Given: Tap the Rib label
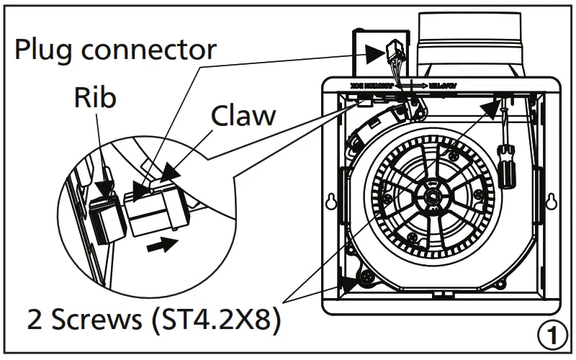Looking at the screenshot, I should pyautogui.click(x=94, y=98).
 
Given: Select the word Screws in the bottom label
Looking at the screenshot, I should pyautogui.click(x=99, y=318).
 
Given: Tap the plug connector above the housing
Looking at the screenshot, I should pyautogui.click(x=394, y=53).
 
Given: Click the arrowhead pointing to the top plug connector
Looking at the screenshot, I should pyautogui.click(x=375, y=52).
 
